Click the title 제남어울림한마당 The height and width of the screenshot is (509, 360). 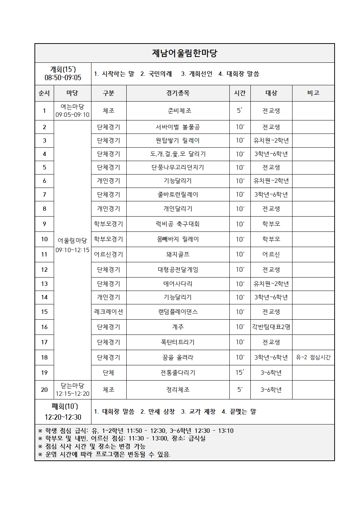point(184,53)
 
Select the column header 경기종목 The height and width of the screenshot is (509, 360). point(178,93)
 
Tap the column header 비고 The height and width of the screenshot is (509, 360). point(313,93)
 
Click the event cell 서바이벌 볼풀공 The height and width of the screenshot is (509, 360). point(178,127)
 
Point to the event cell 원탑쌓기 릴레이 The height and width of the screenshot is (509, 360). point(178,140)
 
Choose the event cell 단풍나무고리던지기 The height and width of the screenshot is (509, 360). point(178,167)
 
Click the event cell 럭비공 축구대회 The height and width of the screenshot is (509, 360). point(178,224)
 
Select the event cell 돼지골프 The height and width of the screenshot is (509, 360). point(178,254)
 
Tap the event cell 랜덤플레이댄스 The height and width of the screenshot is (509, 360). point(178,312)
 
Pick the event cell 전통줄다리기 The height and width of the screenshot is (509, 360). point(178,373)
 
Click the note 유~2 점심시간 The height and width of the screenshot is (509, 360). point(313,357)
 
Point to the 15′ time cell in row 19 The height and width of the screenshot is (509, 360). point(240,373)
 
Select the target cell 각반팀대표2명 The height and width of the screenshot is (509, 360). point(271,327)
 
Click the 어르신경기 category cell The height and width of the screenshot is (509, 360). point(109,254)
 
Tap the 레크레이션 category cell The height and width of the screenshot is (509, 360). point(109,312)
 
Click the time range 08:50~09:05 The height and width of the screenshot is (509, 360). point(63,78)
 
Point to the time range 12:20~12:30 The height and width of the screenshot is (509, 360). point(63,417)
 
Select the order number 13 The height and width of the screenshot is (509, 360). point(44,284)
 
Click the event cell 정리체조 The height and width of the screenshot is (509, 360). point(178,390)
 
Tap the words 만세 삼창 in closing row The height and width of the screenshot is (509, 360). point(158,411)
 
